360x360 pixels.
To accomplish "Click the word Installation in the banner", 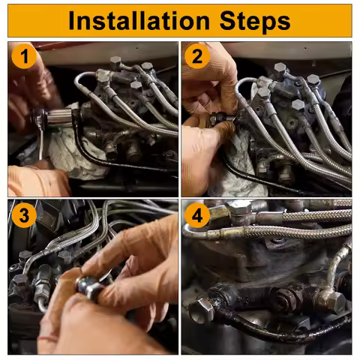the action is click(x=139, y=21).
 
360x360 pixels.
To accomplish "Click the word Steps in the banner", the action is click(x=255, y=22).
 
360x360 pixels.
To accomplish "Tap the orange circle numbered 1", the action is click(x=24, y=56).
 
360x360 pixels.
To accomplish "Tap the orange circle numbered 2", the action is click(x=197, y=56).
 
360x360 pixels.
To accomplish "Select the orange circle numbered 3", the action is click(x=24, y=215).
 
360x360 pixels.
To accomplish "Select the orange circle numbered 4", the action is click(x=197, y=215).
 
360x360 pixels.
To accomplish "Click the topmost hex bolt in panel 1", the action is click(x=115, y=62).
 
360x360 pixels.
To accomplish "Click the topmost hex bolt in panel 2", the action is click(x=280, y=69).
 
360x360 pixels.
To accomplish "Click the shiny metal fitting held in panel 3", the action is click(x=88, y=287).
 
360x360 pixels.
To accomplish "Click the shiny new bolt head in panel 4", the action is click(x=202, y=310).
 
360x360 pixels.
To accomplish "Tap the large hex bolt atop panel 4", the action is click(x=240, y=208).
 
